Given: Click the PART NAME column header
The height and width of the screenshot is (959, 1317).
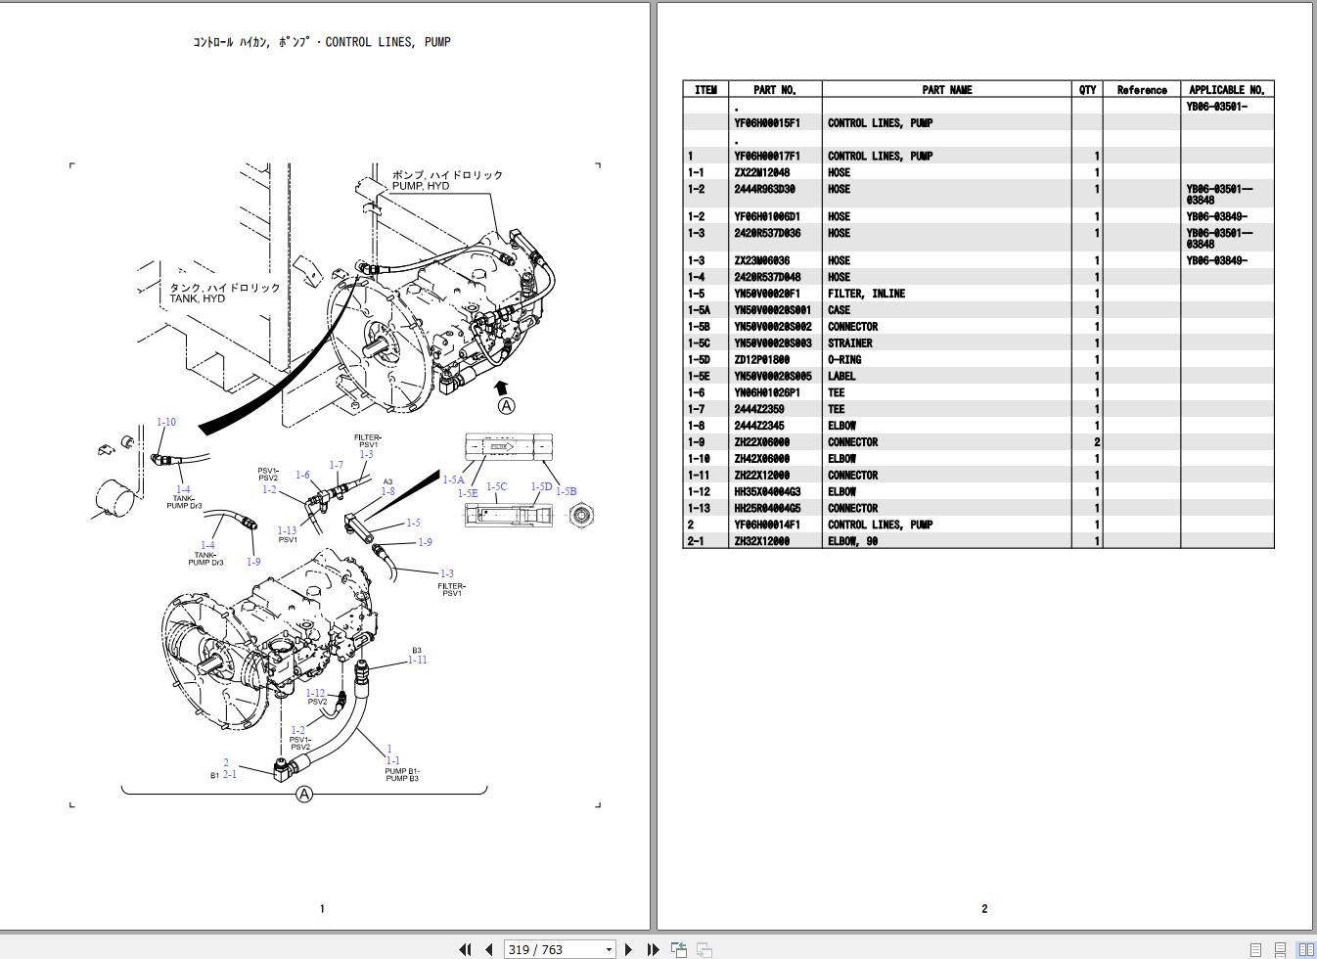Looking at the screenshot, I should [x=946, y=90].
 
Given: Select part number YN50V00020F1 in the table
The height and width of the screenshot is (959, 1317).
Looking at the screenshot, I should [x=766, y=294].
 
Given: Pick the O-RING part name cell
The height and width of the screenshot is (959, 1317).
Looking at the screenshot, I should [x=844, y=360].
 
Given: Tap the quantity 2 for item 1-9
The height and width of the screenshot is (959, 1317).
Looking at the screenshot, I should [x=1096, y=442].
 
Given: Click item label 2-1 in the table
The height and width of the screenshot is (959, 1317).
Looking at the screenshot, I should [x=695, y=541].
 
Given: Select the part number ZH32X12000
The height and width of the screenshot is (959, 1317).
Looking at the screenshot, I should [x=761, y=541].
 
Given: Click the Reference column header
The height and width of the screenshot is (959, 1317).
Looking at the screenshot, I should [x=1141, y=90].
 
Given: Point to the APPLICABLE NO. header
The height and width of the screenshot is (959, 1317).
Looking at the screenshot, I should [x=1226, y=90].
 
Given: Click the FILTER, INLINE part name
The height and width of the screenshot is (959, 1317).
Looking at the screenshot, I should [x=866, y=294].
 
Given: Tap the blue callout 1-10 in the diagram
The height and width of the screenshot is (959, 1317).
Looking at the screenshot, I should [x=166, y=423].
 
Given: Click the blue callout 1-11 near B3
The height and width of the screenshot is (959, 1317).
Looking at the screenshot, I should [x=417, y=660].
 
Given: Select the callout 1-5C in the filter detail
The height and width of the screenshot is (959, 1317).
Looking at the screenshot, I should [x=496, y=486].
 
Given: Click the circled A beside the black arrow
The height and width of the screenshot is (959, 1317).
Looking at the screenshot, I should [x=506, y=405].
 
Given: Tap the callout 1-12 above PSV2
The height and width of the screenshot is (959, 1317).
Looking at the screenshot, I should [x=315, y=693].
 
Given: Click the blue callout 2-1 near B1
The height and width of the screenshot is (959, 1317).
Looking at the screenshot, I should [x=229, y=774].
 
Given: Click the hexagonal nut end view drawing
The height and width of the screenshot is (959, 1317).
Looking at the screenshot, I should [x=582, y=514].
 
